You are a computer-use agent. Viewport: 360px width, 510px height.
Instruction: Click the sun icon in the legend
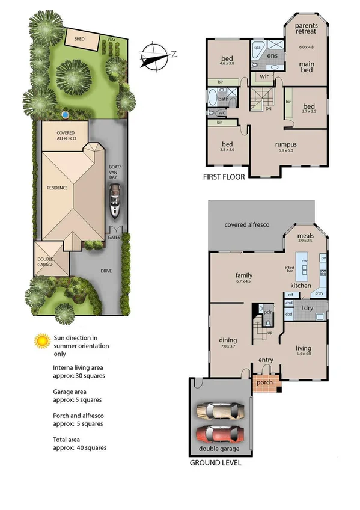pyautogui.click(x=41, y=341)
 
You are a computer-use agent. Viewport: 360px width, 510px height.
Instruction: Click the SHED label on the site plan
pyautogui.click(x=79, y=38)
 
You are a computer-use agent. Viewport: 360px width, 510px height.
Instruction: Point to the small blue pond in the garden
pyautogui.click(x=64, y=114)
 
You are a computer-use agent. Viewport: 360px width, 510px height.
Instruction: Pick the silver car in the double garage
pyautogui.click(x=221, y=411)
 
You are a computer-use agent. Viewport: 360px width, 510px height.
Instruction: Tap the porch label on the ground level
pyautogui.click(x=264, y=382)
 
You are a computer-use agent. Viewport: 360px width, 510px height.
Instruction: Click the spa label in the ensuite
pyautogui.click(x=257, y=46)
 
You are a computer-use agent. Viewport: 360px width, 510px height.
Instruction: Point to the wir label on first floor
pyautogui.click(x=264, y=76)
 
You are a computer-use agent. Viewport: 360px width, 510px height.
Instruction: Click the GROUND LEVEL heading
pyautogui.click(x=215, y=463)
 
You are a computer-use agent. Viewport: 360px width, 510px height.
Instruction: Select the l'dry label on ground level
pyautogui.click(x=308, y=308)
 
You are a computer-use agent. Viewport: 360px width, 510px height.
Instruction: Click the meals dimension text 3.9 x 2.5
pyautogui.click(x=307, y=240)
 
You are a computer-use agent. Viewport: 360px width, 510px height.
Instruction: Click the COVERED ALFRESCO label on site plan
pyautogui.click(x=65, y=135)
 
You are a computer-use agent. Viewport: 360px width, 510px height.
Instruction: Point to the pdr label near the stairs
pyautogui.click(x=269, y=312)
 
